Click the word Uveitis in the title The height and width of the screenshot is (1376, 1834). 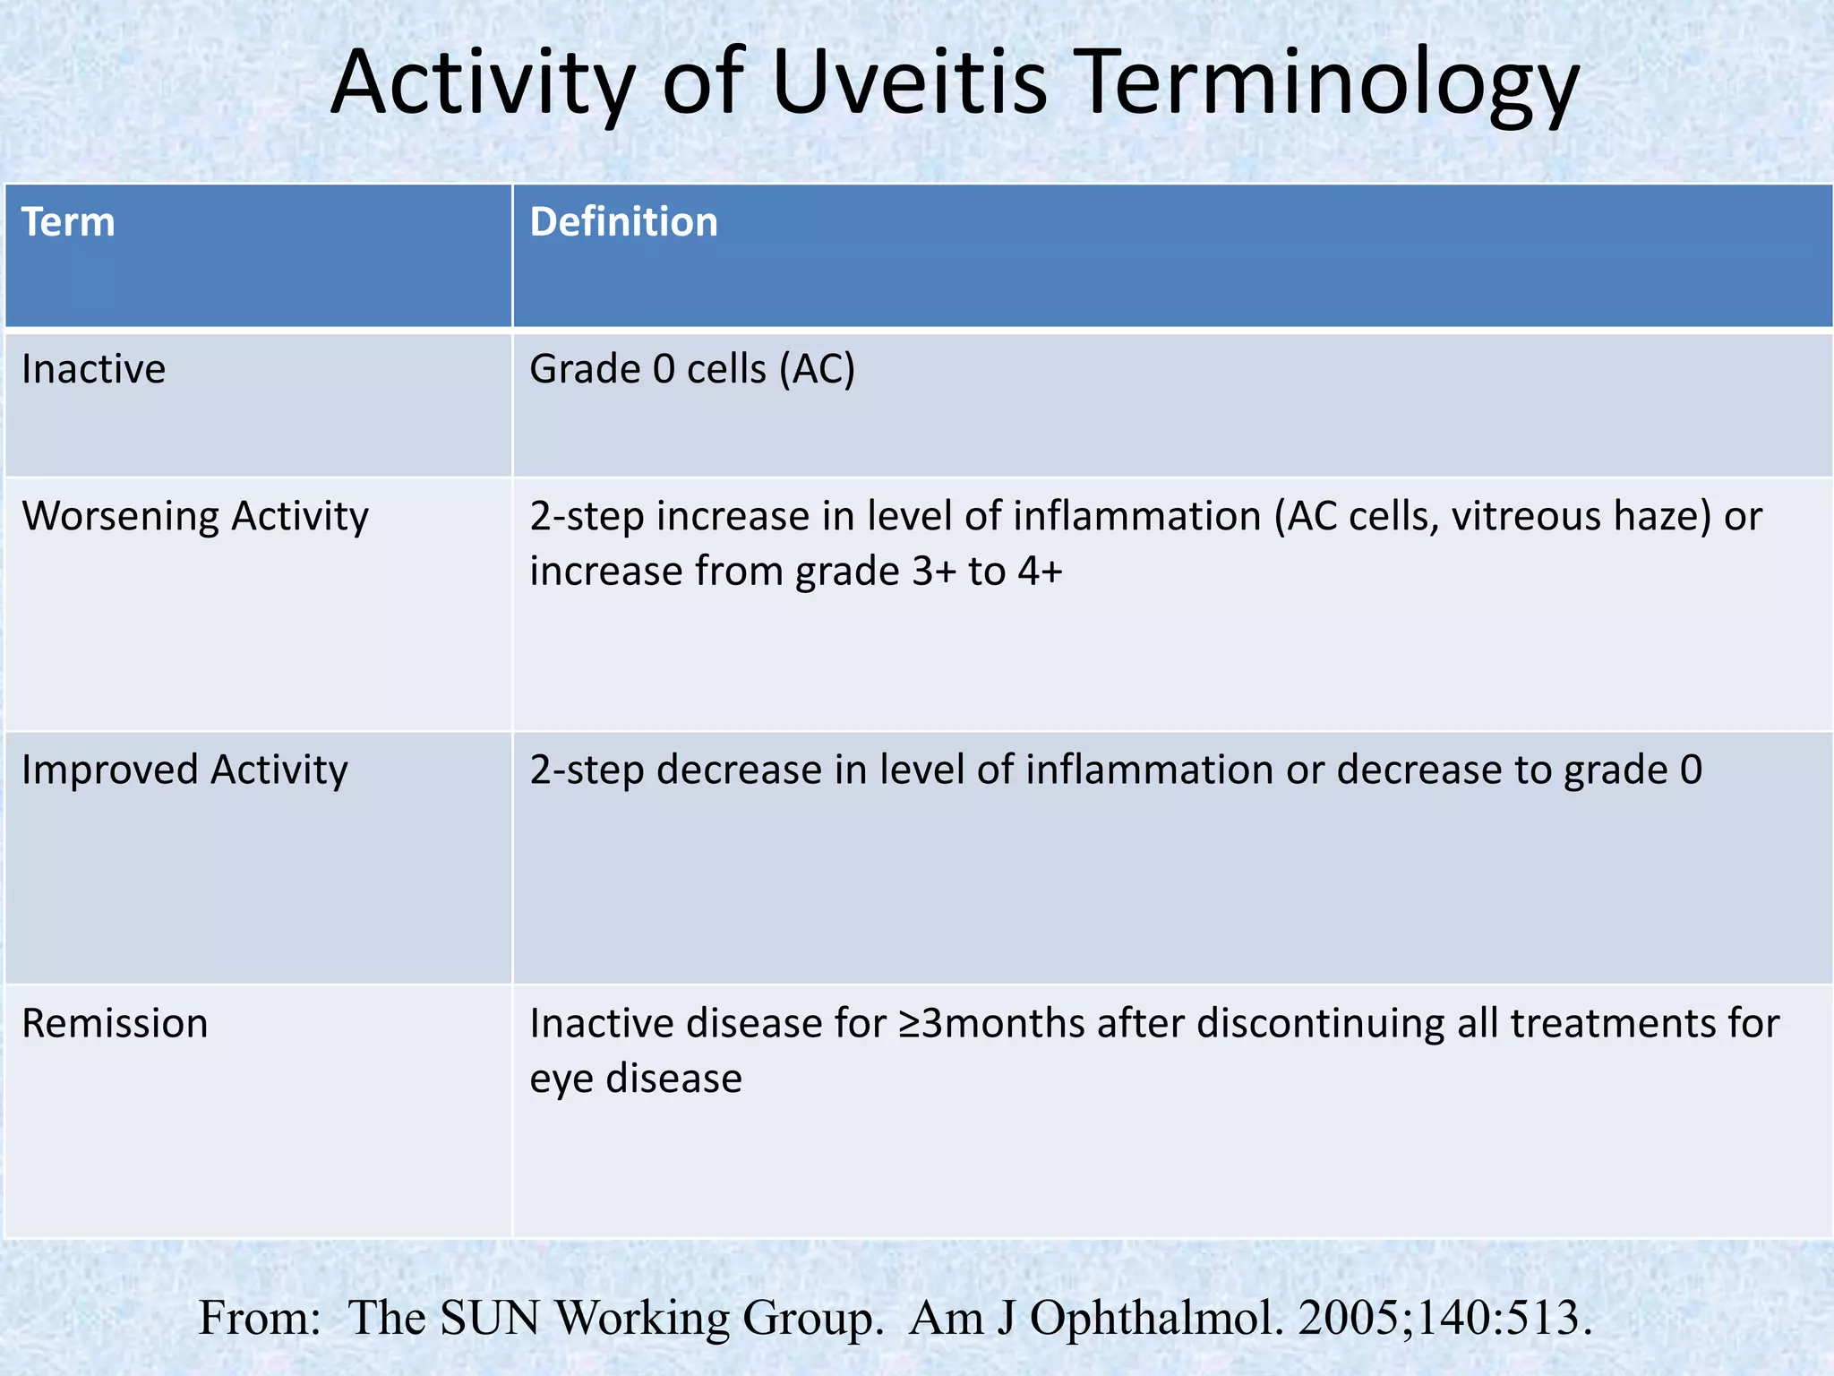[x=908, y=82]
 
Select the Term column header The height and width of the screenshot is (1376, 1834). [x=68, y=222]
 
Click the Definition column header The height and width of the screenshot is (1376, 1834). [x=623, y=222]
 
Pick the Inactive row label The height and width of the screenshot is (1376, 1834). [x=93, y=369]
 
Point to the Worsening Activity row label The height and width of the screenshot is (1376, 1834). [x=194, y=517]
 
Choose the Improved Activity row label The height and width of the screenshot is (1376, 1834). [x=184, y=770]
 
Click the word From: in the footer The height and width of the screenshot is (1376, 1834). [x=259, y=1318]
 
